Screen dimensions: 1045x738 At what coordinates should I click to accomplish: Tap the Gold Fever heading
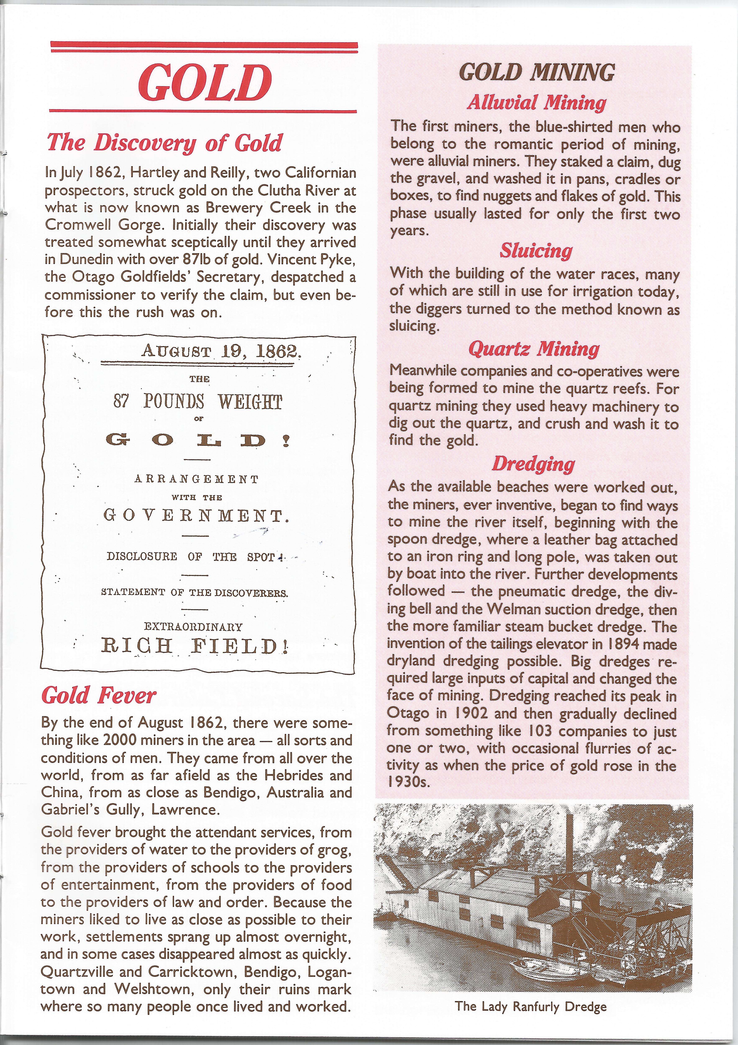pos(99,695)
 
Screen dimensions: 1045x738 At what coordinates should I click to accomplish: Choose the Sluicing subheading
pos(536,251)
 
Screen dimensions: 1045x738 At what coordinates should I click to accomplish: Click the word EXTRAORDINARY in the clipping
pos(193,627)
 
